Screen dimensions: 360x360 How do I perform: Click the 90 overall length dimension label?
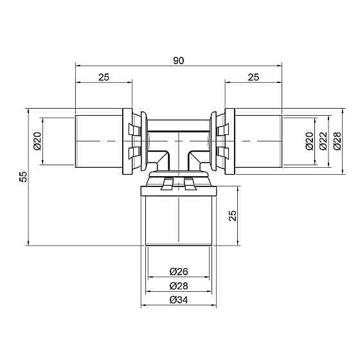(179, 60)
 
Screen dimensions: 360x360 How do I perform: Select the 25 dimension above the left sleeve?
(104, 77)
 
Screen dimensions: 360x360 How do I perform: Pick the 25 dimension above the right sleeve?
(253, 77)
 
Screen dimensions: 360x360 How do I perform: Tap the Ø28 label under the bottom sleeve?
(179, 286)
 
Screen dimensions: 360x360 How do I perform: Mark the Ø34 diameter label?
(179, 300)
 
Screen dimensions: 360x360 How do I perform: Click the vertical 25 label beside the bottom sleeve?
(233, 215)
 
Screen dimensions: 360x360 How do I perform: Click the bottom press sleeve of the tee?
(179, 219)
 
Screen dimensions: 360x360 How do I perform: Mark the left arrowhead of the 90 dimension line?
(78, 66)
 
